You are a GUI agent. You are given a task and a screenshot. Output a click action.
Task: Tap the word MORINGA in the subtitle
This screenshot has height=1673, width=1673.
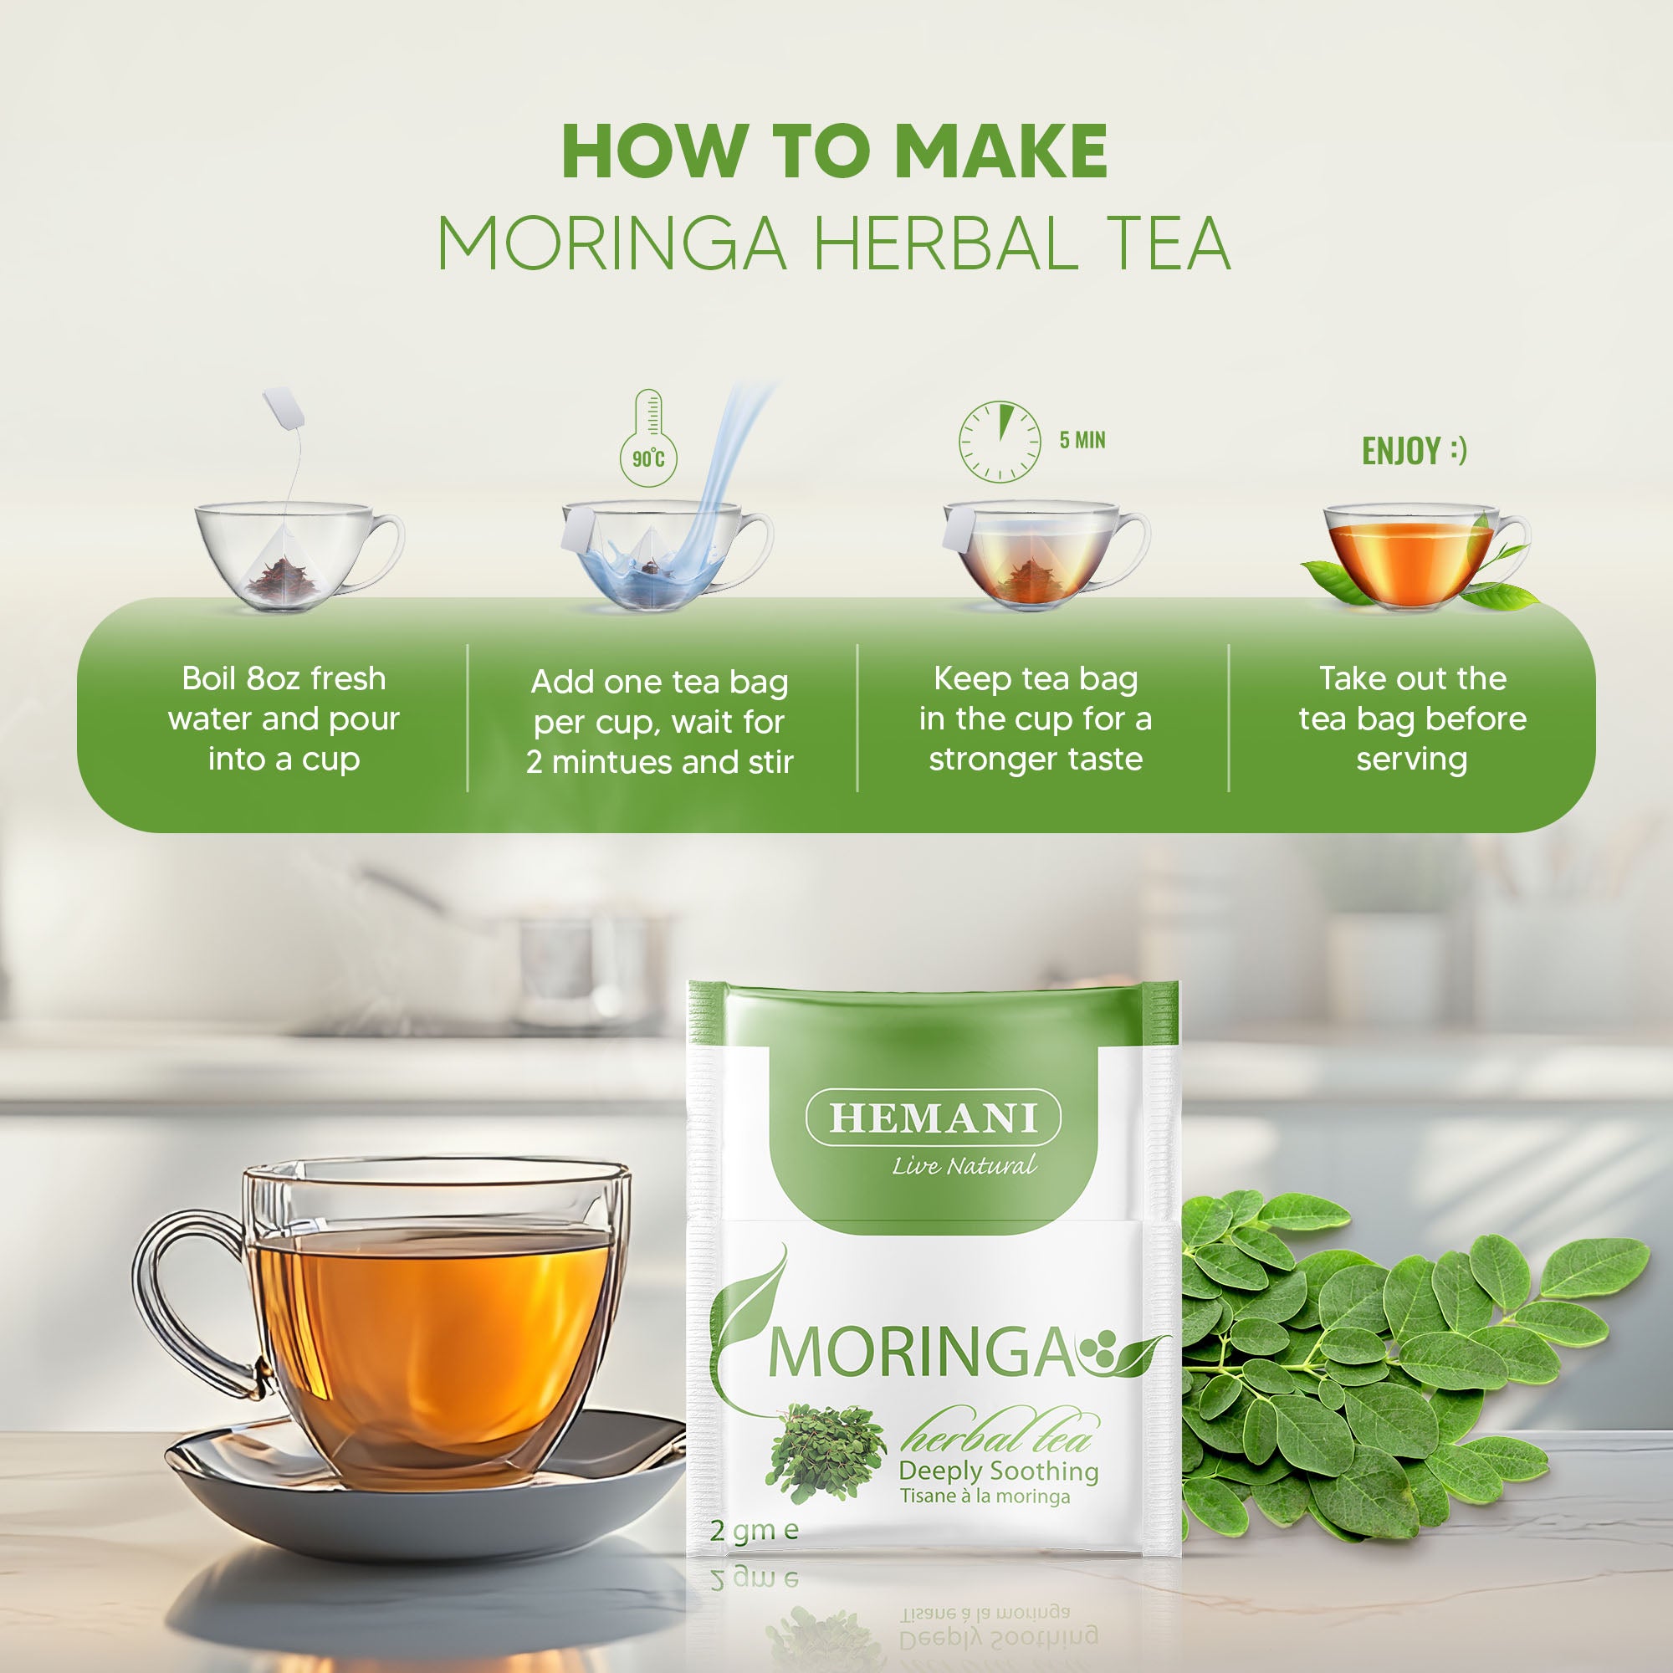(x=611, y=243)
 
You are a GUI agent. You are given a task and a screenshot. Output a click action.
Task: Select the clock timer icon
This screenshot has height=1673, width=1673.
(x=999, y=442)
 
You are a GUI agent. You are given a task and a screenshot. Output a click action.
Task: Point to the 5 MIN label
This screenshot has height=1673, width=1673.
(x=1082, y=440)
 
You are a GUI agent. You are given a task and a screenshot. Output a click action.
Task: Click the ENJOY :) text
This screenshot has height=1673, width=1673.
(x=1413, y=450)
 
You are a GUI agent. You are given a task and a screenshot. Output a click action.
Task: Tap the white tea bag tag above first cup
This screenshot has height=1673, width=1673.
(x=284, y=409)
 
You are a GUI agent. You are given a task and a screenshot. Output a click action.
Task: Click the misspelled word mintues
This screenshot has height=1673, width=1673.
(x=613, y=762)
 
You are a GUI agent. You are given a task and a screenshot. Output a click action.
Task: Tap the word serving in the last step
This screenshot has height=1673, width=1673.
(x=1411, y=760)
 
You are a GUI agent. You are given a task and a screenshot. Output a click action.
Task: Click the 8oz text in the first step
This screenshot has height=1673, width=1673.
(x=273, y=679)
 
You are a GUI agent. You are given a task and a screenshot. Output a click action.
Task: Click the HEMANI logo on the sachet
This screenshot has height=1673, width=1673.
(x=933, y=1118)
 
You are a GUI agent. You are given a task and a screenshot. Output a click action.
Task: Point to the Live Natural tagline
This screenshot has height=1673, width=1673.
(x=963, y=1165)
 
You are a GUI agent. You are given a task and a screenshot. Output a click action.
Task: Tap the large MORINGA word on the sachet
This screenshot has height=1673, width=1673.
(x=919, y=1353)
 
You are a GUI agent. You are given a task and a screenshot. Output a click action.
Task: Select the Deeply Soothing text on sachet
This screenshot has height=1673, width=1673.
(x=998, y=1470)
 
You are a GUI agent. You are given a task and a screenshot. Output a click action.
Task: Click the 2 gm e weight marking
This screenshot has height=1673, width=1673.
(x=754, y=1530)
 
